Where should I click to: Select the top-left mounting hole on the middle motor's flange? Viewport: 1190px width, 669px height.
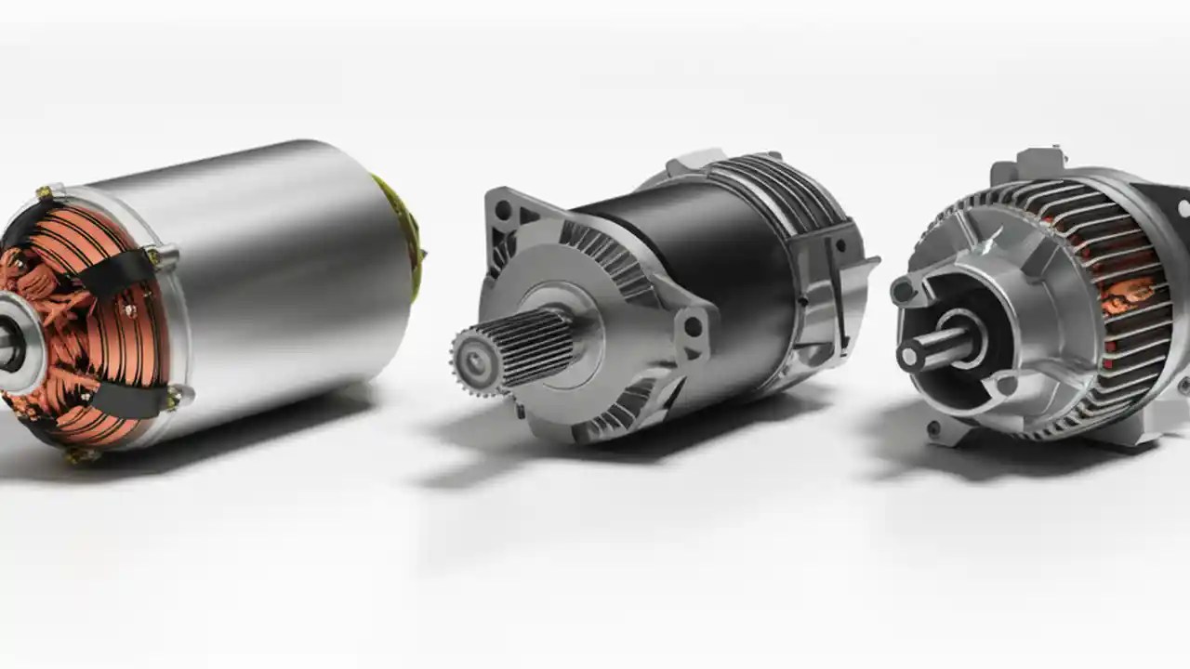pos(503,210)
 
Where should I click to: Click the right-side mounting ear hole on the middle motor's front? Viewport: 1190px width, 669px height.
pos(693,326)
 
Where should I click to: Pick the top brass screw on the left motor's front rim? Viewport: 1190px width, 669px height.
pos(44,193)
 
